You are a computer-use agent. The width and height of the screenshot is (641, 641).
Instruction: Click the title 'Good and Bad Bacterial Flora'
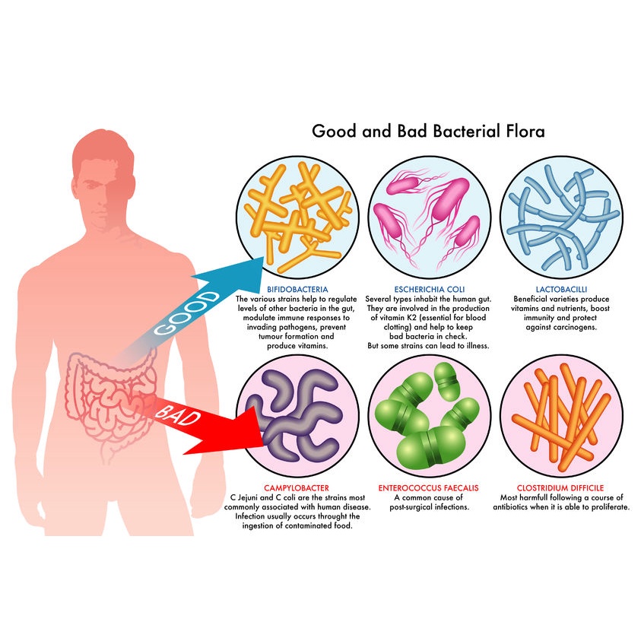428,132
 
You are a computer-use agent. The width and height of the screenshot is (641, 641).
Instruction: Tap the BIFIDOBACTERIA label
297,290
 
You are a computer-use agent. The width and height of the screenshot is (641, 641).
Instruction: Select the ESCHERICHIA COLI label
430,290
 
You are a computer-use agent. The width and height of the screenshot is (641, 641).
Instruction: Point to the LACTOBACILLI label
561,290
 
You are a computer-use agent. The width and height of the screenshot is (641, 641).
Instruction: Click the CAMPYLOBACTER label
297,487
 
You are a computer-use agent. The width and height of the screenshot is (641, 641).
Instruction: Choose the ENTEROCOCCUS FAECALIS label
428,487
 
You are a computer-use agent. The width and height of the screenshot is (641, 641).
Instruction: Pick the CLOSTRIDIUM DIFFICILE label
560,487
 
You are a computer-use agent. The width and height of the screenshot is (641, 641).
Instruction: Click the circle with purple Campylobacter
297,416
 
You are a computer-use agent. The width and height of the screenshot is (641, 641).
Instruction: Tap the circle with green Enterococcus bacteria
430,416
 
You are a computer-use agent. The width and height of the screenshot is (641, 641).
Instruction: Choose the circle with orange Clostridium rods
561,416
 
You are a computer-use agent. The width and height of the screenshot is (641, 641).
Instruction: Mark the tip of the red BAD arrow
263,446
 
